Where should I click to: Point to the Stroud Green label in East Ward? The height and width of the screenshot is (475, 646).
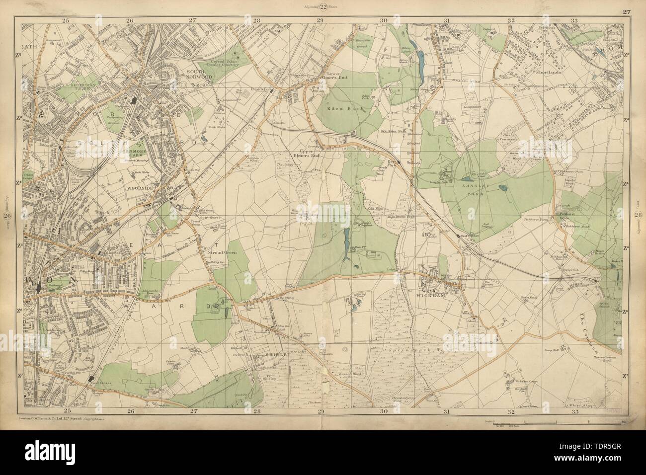pyautogui.click(x=222, y=252)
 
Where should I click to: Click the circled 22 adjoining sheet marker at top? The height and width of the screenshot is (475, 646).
pyautogui.click(x=323, y=6)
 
